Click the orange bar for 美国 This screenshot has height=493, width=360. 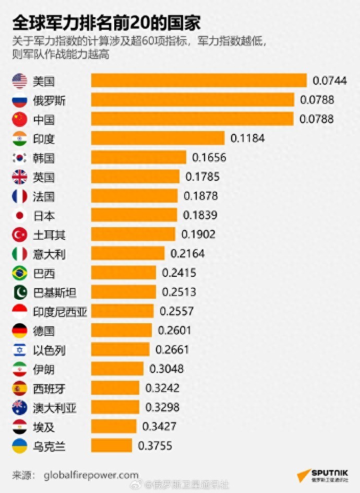[199, 80]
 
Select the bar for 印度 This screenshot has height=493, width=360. [158, 138]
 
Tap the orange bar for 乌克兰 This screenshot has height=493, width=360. [112, 446]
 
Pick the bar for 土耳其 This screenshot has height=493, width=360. [135, 234]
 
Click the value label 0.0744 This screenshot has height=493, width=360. [330, 80]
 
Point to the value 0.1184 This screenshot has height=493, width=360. [248, 138]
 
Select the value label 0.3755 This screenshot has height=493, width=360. [155, 446]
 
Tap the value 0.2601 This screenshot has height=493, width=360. [174, 331]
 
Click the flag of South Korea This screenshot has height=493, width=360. [19, 158]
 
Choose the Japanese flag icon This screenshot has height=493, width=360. [19, 215]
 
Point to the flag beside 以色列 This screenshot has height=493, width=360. [19, 350]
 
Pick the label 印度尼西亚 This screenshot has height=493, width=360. [60, 312]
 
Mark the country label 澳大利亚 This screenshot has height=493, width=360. [54, 407]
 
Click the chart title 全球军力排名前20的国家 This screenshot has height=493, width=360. [106, 24]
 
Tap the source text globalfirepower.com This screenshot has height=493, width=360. [91, 475]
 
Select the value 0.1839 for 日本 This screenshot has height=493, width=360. [200, 215]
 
